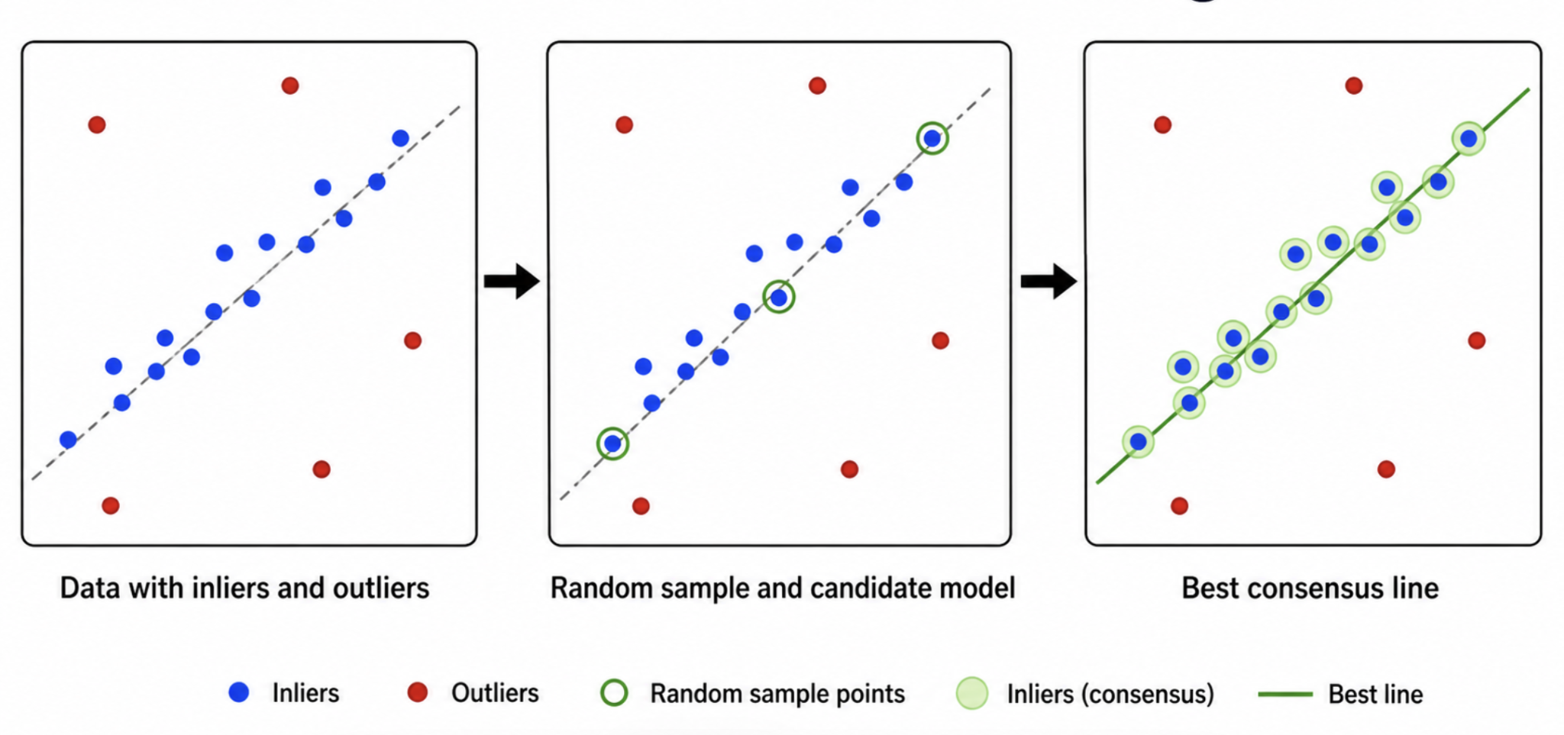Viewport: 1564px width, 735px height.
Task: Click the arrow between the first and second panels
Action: (512, 281)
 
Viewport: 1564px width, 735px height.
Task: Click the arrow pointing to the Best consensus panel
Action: (1049, 281)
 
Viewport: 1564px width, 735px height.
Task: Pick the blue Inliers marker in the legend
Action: (239, 692)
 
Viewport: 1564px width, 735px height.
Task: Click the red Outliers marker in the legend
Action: (417, 692)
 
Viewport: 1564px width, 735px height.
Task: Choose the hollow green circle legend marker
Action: (614, 692)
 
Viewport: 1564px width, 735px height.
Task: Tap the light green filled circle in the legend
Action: (972, 693)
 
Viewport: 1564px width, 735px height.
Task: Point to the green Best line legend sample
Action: (1285, 694)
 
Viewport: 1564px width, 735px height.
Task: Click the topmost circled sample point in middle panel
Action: (932, 138)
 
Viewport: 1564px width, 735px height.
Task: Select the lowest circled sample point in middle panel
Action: (612, 443)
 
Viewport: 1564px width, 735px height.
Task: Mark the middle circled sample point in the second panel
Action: (779, 297)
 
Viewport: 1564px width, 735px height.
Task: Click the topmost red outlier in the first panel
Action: (289, 85)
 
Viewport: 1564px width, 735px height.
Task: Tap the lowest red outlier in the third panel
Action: (1179, 505)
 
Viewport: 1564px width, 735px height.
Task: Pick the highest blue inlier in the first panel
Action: (400, 138)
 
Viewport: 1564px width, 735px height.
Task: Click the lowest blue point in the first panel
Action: (68, 440)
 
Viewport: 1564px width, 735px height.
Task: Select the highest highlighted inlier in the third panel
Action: (1469, 139)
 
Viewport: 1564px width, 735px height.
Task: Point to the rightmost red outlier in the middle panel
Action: (940, 340)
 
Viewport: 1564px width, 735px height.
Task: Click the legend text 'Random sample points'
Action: (777, 693)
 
